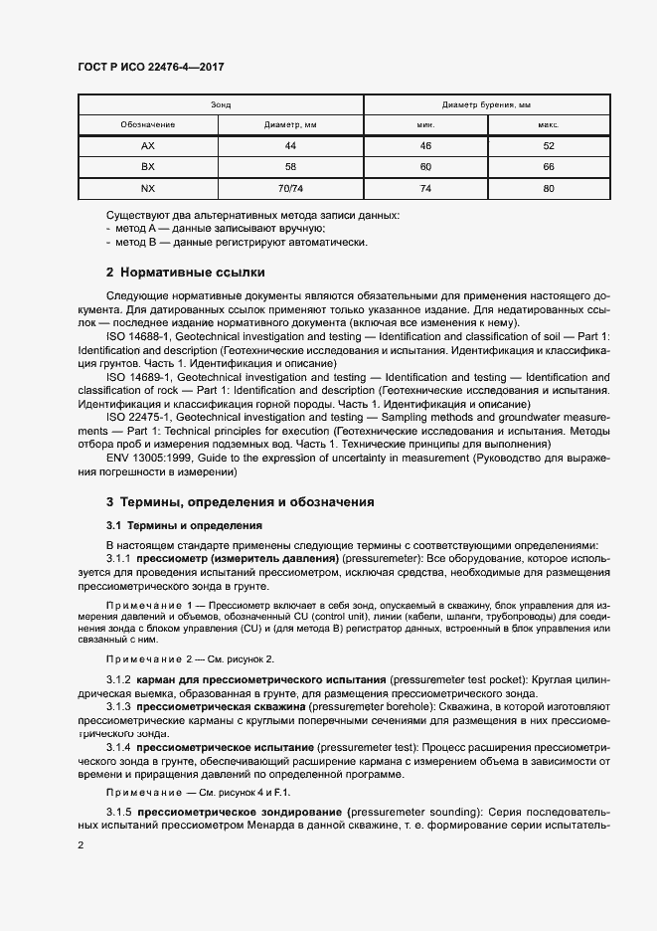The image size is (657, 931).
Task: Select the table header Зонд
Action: [221, 104]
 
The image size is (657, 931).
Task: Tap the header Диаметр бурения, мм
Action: [486, 104]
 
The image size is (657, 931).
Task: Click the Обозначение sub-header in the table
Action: [148, 125]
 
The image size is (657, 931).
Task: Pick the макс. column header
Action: [548, 125]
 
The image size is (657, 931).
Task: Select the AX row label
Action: [148, 146]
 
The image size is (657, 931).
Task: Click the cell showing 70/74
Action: [290, 188]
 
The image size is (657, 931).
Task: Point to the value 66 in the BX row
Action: [548, 167]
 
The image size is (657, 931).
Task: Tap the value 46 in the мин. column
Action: [425, 146]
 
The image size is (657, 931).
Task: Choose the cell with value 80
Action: [548, 188]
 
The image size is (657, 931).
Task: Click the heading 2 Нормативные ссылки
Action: [185, 272]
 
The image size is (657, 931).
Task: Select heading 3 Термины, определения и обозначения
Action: [240, 502]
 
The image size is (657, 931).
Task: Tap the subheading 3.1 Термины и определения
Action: [184, 524]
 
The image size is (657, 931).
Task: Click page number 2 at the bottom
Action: [81, 844]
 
